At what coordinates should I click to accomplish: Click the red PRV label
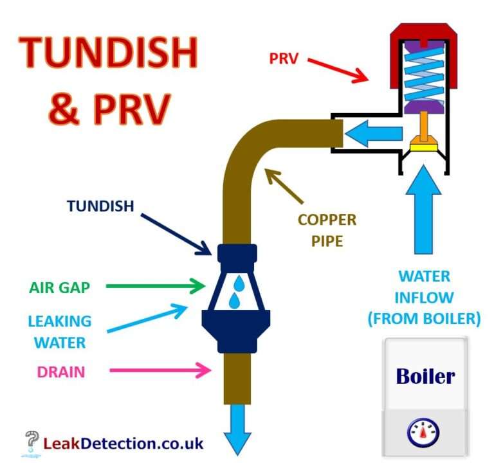(282, 59)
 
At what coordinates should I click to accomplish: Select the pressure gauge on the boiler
(423, 433)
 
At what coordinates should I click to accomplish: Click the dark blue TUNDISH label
(100, 206)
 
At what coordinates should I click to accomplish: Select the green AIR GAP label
(59, 287)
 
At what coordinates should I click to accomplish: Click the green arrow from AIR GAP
(154, 287)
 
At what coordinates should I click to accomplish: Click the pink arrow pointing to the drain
(161, 370)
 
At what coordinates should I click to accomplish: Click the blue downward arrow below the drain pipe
(238, 433)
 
